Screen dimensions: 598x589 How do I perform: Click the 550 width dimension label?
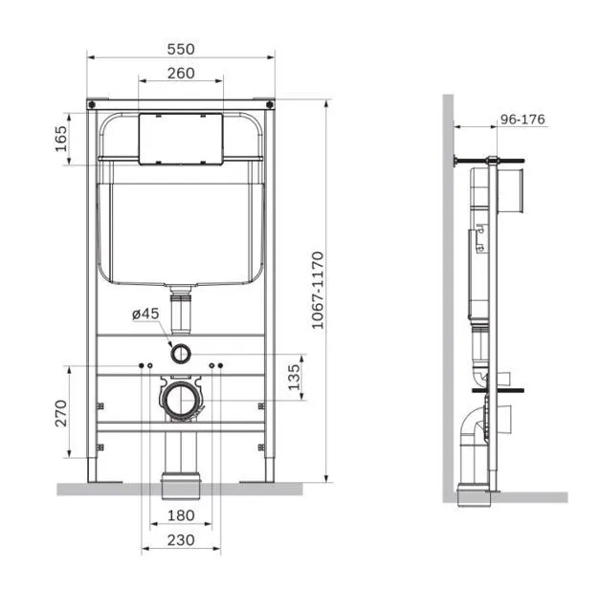pos(181,49)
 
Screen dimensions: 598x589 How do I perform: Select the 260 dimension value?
pos(181,74)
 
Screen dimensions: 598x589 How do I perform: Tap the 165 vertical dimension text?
pos(61,139)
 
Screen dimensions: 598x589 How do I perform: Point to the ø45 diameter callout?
pos(145,315)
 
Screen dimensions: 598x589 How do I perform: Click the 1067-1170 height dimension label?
pos(318,290)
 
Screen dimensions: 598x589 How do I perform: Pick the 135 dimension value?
pos(294,377)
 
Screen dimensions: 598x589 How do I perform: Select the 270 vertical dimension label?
pos(61,413)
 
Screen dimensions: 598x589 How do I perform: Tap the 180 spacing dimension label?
pos(181,515)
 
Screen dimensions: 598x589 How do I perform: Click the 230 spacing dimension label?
pos(181,540)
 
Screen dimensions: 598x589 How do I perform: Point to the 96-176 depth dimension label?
pos(522,120)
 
